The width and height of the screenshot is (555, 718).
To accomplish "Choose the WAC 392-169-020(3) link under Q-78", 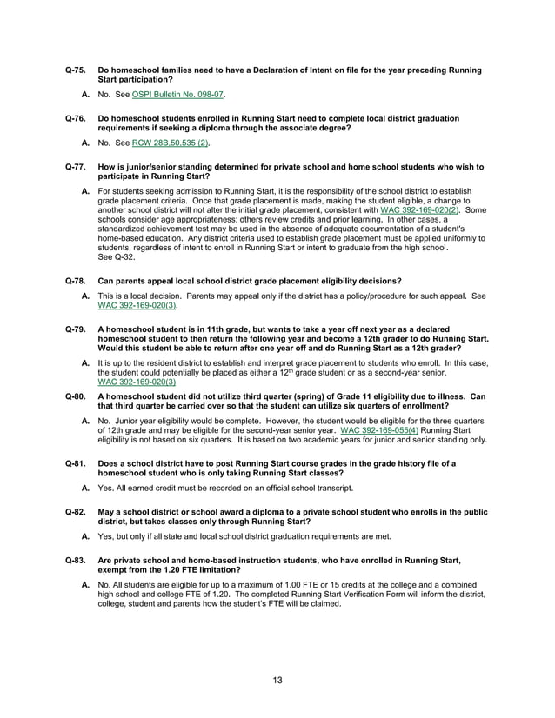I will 137,306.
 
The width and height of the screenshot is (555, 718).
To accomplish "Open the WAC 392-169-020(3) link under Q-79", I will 137,382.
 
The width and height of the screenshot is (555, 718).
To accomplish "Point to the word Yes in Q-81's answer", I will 105,489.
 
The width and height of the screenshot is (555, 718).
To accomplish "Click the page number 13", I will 277,680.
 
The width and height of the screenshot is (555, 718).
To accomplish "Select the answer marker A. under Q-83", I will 86,587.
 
